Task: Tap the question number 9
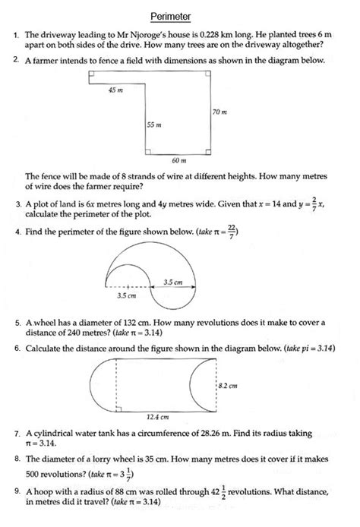pos(17,492)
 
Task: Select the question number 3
pos(17,205)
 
